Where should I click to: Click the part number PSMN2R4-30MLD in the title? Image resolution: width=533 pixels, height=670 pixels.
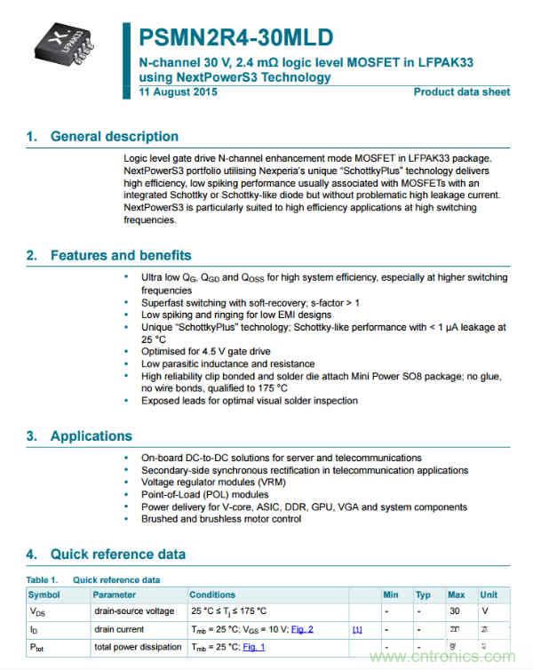[x=236, y=37]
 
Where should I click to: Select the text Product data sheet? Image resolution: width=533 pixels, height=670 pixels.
[x=462, y=92]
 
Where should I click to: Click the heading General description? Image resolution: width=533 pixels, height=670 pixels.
[x=114, y=137]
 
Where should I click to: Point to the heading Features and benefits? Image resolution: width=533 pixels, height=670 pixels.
[x=120, y=256]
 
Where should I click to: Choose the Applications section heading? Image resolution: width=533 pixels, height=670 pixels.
[x=91, y=436]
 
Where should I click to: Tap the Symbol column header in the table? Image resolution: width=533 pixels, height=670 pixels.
[x=44, y=594]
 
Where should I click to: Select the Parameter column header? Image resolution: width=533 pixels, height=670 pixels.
[x=115, y=594]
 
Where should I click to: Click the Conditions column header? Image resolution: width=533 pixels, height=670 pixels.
[x=212, y=594]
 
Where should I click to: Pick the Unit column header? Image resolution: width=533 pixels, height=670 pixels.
[x=489, y=594]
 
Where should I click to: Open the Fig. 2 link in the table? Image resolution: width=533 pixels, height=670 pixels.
[x=301, y=629]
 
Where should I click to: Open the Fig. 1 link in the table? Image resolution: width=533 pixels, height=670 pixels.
[x=253, y=647]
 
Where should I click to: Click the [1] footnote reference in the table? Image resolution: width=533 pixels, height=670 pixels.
[x=357, y=630]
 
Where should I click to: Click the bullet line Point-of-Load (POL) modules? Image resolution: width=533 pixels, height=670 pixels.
[x=204, y=495]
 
